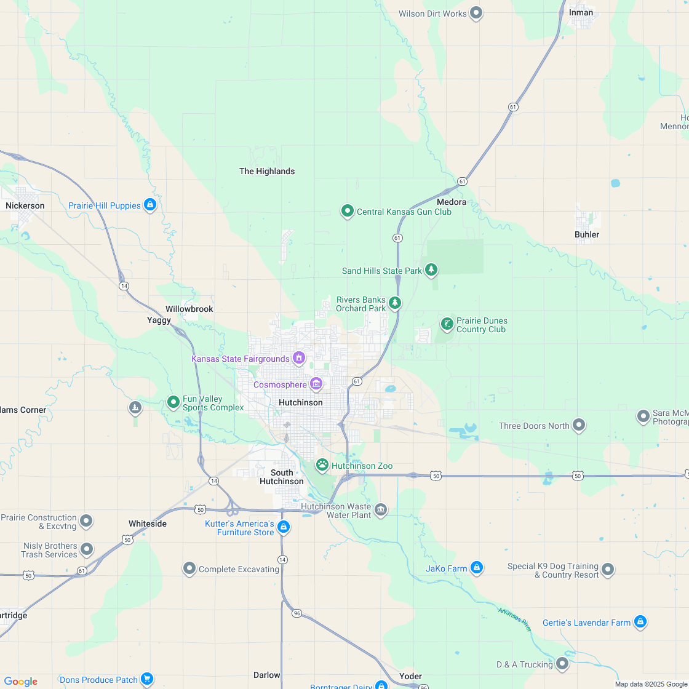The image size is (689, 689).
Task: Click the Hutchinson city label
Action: [x=300, y=402]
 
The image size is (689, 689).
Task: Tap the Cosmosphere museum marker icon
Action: [x=316, y=384]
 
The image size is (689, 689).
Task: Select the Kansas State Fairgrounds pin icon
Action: [x=299, y=357]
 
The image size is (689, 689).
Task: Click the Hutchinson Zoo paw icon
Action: [x=322, y=465]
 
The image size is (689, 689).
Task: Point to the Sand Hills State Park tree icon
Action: [x=432, y=269]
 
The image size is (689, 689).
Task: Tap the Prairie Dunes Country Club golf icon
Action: [x=447, y=324]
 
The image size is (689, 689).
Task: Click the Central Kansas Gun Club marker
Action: [x=348, y=211]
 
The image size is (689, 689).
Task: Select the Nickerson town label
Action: [x=25, y=205]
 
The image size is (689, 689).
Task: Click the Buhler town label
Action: [x=586, y=234]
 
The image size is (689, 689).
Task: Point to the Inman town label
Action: [x=581, y=12]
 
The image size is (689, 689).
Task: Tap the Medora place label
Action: [x=452, y=202]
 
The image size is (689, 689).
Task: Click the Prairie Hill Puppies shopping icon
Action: [x=149, y=204]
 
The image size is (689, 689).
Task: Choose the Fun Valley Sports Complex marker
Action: [x=173, y=402]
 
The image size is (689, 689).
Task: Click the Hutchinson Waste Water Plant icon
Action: [x=381, y=509]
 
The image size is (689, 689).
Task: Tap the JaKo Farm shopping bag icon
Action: [x=477, y=568]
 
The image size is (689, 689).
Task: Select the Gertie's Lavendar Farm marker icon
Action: [x=640, y=622]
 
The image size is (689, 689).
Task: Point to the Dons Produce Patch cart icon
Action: [x=147, y=679]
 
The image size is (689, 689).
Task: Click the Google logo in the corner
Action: [x=21, y=681]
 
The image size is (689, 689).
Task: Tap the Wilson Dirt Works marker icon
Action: [x=476, y=13]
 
